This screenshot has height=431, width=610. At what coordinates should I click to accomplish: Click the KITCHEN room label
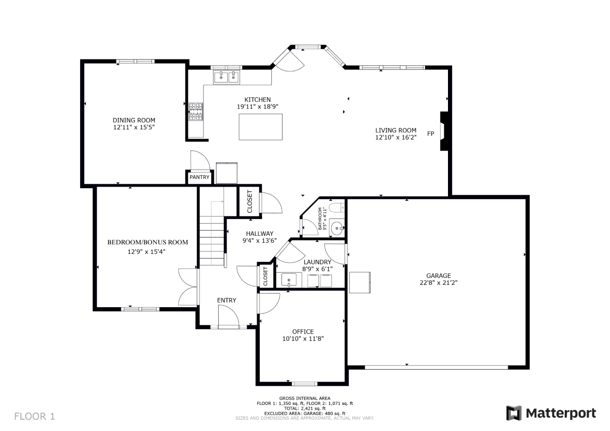(257, 100)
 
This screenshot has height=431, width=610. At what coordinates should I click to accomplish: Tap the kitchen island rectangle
(261, 127)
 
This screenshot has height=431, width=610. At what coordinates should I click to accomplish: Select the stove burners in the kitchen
(196, 111)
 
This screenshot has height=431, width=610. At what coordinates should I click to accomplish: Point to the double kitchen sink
(226, 77)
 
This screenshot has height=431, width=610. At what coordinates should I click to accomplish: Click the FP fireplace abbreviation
(430, 134)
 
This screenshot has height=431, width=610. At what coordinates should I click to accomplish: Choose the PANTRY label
(199, 177)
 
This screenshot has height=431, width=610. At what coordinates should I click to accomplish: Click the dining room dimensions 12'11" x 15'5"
(134, 127)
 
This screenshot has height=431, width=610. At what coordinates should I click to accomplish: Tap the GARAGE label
(438, 275)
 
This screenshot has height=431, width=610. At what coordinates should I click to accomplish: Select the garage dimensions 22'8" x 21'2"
(438, 282)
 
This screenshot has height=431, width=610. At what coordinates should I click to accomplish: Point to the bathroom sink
(337, 228)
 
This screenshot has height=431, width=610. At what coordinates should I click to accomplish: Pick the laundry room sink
(289, 280)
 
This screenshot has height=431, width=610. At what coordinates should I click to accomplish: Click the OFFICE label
(303, 331)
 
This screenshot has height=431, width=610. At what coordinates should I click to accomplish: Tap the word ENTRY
(226, 300)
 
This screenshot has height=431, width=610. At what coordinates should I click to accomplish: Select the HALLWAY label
(260, 233)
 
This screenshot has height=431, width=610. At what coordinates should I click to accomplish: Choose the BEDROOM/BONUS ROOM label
(148, 242)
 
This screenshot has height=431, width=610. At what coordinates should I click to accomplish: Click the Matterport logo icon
(514, 413)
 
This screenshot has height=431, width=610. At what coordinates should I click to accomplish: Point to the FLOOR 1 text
(35, 416)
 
